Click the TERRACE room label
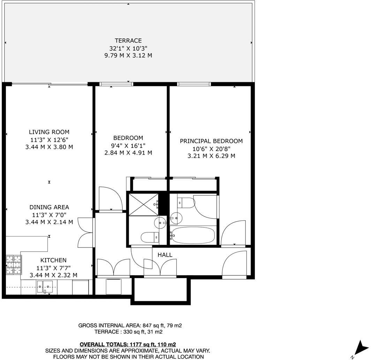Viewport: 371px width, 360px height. click(x=128, y=40)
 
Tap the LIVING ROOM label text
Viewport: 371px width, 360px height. click(x=49, y=132)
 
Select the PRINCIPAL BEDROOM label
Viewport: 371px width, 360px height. click(x=211, y=141)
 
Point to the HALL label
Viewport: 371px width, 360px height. click(x=165, y=255)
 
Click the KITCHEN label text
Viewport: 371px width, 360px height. click(x=53, y=260)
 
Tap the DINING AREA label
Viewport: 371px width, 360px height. click(x=49, y=207)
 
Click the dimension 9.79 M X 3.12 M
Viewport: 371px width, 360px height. click(x=128, y=55)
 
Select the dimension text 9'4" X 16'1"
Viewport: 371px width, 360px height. click(x=128, y=145)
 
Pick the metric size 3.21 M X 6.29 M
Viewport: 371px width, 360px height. click(x=211, y=156)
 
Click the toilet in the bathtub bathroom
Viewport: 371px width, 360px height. click(x=184, y=202)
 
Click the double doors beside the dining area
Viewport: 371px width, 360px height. click(x=85, y=232)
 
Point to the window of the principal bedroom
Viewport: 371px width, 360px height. click(x=194, y=84)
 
